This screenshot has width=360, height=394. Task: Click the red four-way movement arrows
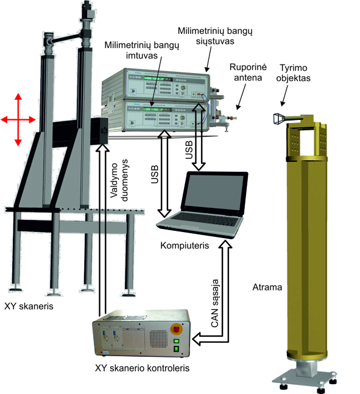click(x=18, y=119)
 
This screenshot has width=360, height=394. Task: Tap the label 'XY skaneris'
click(x=29, y=306)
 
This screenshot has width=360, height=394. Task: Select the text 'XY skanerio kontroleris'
click(x=142, y=368)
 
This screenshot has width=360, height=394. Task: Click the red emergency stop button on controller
click(x=177, y=329)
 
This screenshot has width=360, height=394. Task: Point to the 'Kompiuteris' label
click(x=185, y=245)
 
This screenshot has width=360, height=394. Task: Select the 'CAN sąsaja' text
click(x=215, y=303)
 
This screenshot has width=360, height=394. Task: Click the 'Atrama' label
click(x=267, y=287)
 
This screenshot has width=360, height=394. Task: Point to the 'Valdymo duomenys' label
click(x=119, y=180)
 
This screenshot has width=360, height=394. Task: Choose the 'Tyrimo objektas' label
click(x=294, y=73)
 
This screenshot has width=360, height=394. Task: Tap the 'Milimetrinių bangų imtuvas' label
click(x=142, y=51)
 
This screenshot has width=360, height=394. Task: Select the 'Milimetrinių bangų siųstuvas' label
click(x=215, y=36)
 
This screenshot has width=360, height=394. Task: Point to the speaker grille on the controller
click(x=158, y=339)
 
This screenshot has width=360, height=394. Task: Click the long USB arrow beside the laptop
click(x=164, y=174)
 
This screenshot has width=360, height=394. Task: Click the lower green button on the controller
click(x=177, y=349)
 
